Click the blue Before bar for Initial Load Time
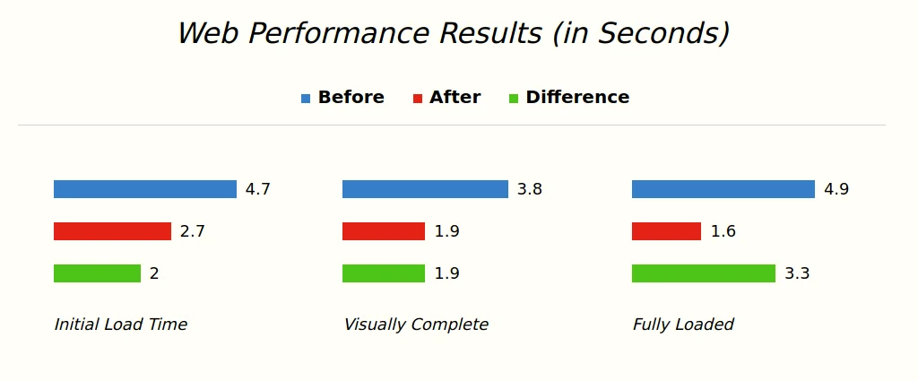point(144,189)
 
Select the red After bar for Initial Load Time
point(112,231)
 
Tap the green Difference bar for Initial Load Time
point(97,273)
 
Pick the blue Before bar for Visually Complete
point(425,189)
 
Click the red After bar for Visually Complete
point(384,231)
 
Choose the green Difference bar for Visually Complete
point(384,273)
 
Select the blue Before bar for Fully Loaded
point(723,189)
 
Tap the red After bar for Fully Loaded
point(666,231)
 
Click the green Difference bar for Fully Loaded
point(703,273)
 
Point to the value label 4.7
point(257,189)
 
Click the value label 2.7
point(192,231)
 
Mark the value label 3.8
point(529,189)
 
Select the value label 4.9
point(836,189)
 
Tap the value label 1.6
point(723,231)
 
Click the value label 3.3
point(796,273)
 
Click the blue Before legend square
point(306,99)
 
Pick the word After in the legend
point(455,98)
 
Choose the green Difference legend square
point(514,99)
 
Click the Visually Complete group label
point(416,325)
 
